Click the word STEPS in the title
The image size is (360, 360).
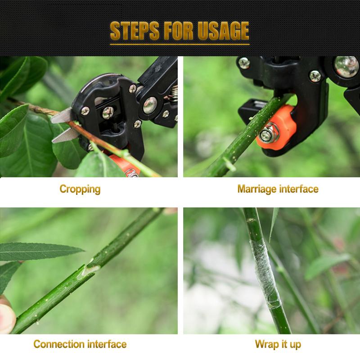pyautogui.click(x=135, y=31)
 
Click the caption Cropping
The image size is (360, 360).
pyautogui.click(x=80, y=189)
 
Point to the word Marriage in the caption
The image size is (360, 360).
pyautogui.click(x=257, y=189)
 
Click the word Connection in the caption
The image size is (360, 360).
pyautogui.click(x=58, y=344)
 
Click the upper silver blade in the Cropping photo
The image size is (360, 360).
pyautogui.click(x=62, y=117)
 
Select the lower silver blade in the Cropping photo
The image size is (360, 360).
pyautogui.click(x=65, y=136)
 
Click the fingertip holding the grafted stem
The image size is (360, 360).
pyautogui.click(x=6, y=316)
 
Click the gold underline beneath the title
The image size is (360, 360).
pyautogui.click(x=180, y=44)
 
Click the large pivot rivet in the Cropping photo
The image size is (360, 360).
pyautogui.click(x=150, y=105)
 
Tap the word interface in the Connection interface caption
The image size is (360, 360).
pyautogui.click(x=107, y=344)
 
